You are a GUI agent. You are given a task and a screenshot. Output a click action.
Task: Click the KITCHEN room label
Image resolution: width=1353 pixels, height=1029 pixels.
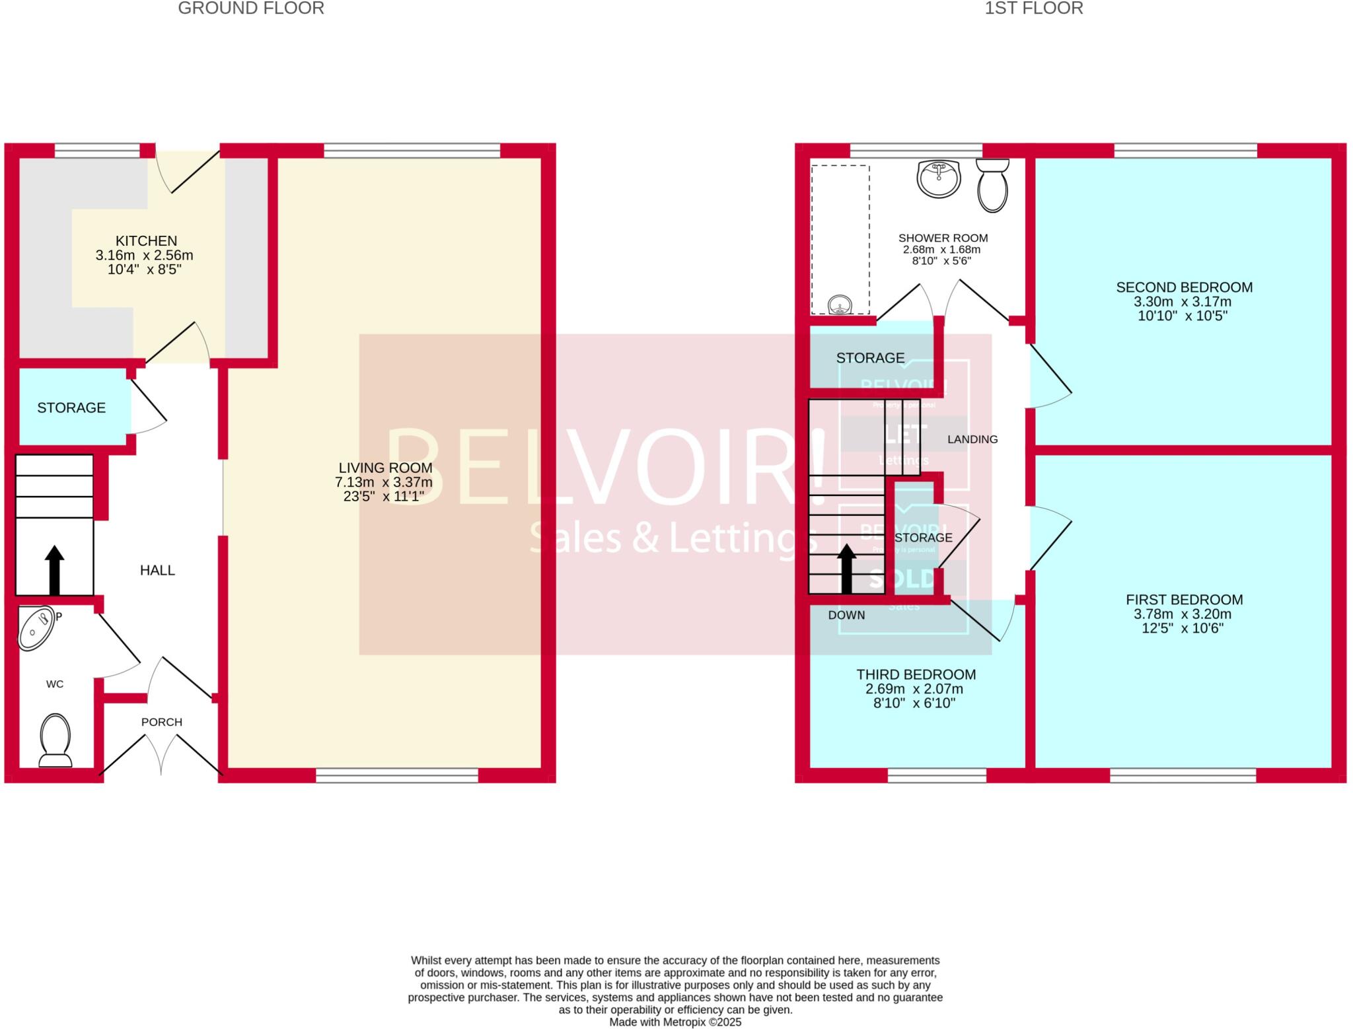pos(146,241)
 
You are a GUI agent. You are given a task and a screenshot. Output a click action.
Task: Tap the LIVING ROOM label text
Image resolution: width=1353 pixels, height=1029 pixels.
pos(385,468)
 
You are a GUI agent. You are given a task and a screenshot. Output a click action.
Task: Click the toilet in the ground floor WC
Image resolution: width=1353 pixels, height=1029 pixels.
pos(55,739)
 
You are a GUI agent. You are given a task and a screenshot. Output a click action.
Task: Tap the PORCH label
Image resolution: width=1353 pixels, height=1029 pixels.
pos(162,722)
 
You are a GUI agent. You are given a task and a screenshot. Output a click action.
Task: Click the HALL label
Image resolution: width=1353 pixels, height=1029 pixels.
pos(157,571)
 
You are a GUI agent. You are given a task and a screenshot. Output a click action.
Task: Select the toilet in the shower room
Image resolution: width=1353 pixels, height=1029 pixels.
pos(992,185)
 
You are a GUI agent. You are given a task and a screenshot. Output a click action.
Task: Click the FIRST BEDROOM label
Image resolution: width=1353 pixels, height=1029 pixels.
pos(1184,600)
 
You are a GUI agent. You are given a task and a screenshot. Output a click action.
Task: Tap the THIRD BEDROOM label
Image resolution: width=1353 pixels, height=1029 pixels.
pos(916,674)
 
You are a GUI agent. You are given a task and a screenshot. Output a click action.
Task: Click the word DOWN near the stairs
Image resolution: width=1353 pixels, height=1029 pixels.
pos(846,615)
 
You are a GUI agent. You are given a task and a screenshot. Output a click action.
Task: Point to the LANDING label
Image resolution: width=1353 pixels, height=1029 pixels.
pos(972,439)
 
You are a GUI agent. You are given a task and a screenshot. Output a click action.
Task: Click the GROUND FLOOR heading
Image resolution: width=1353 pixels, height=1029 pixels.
pos(251,9)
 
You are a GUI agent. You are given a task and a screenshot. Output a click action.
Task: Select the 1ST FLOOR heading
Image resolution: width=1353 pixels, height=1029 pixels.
pos(1034,9)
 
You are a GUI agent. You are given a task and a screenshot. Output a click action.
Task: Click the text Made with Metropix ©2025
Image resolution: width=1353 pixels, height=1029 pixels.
pos(675,1022)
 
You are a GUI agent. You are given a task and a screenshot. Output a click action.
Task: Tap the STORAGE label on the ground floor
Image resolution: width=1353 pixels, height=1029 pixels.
pos(71,408)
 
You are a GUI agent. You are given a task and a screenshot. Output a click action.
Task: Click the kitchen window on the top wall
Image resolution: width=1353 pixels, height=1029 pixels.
pos(97,151)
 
